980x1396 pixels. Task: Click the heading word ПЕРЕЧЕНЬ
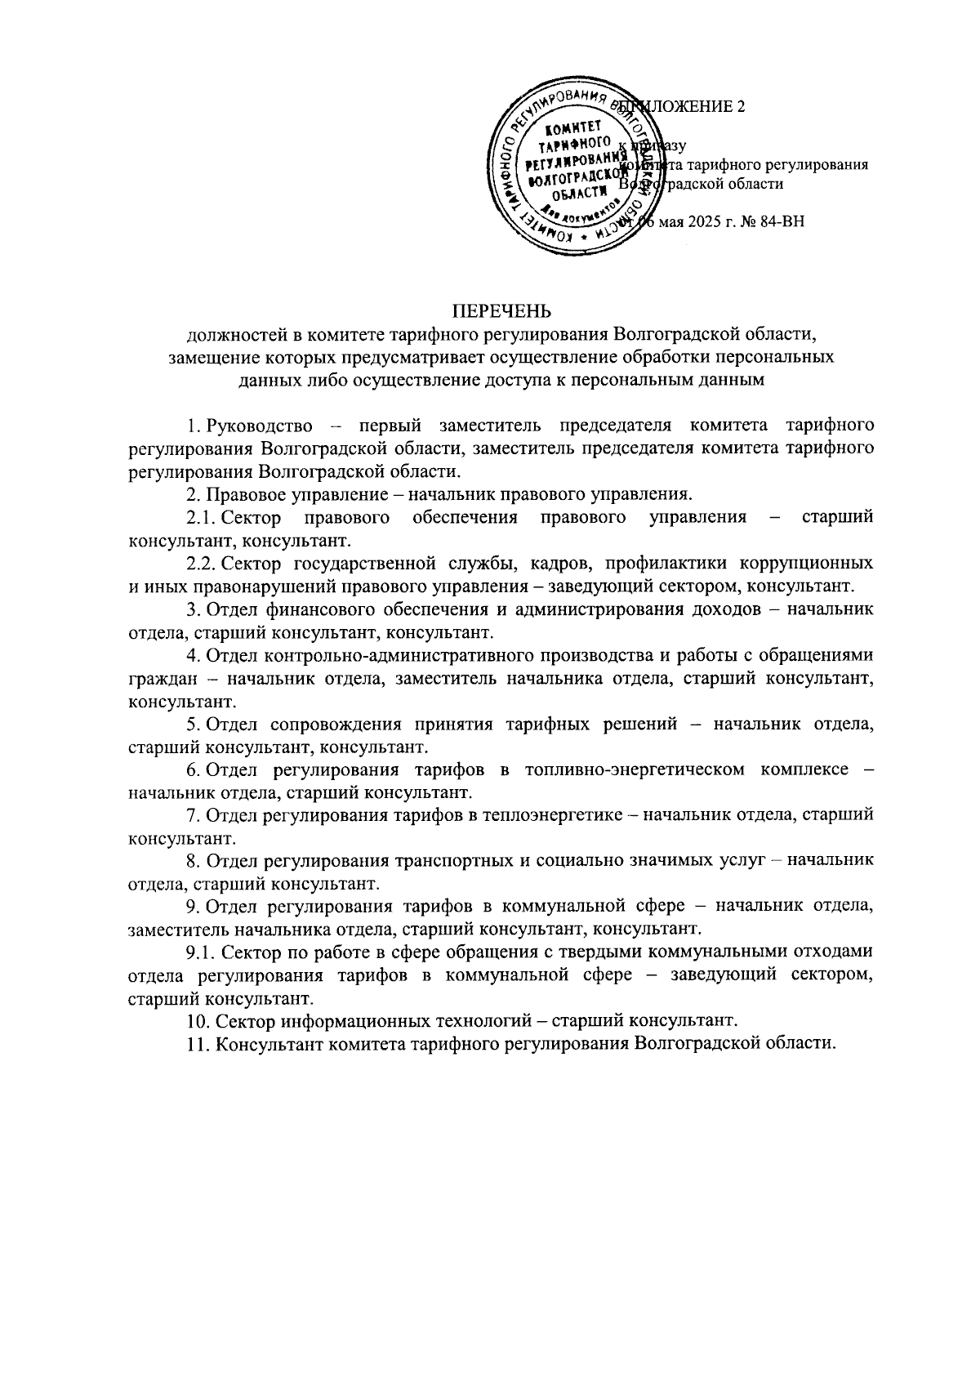[502, 310]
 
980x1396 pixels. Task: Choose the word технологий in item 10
[483, 1021]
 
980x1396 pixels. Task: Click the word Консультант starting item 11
[265, 1044]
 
